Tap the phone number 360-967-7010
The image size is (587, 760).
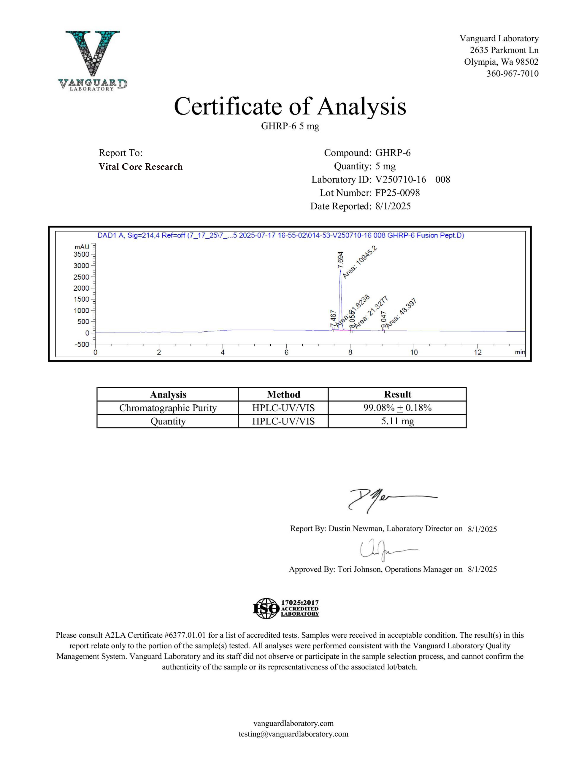(512, 73)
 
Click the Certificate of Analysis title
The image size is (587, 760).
(290, 107)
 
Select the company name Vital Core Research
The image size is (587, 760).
(141, 167)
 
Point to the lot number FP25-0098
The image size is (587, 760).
(397, 193)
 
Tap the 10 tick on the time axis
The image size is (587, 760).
(414, 352)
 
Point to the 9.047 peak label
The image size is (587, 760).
(383, 320)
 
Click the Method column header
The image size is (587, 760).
(283, 394)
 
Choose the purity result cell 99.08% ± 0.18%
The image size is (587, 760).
(397, 408)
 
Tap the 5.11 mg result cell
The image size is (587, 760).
(397, 421)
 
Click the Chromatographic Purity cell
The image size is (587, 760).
(168, 408)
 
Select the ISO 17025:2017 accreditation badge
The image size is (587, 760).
(286, 608)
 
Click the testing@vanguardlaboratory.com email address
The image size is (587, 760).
(293, 734)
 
